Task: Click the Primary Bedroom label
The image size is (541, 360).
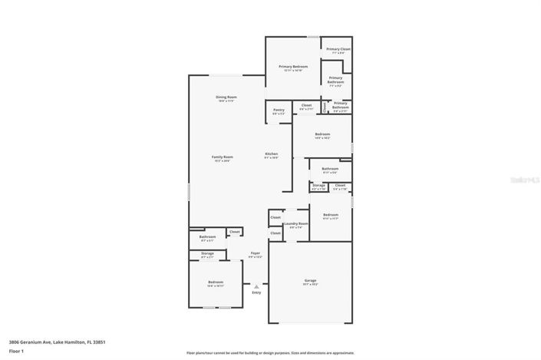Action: [x=293, y=67]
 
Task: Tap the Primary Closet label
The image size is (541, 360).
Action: [x=338, y=49]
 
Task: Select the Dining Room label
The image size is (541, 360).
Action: [x=226, y=97]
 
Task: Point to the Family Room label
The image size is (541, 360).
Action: [x=223, y=157]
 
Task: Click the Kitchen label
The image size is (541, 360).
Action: [x=271, y=154]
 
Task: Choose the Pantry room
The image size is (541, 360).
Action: [x=279, y=111]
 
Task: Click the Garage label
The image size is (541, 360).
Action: [x=310, y=281]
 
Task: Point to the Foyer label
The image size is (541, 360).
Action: [x=256, y=253]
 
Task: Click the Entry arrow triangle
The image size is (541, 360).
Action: [x=256, y=286]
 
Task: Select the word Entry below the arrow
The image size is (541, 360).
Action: [x=256, y=292]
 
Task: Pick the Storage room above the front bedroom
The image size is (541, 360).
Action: [x=207, y=254]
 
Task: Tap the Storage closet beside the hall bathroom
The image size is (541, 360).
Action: [x=318, y=186]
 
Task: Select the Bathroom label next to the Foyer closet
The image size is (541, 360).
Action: [x=207, y=237]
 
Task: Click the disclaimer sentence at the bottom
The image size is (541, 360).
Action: [x=270, y=353]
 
